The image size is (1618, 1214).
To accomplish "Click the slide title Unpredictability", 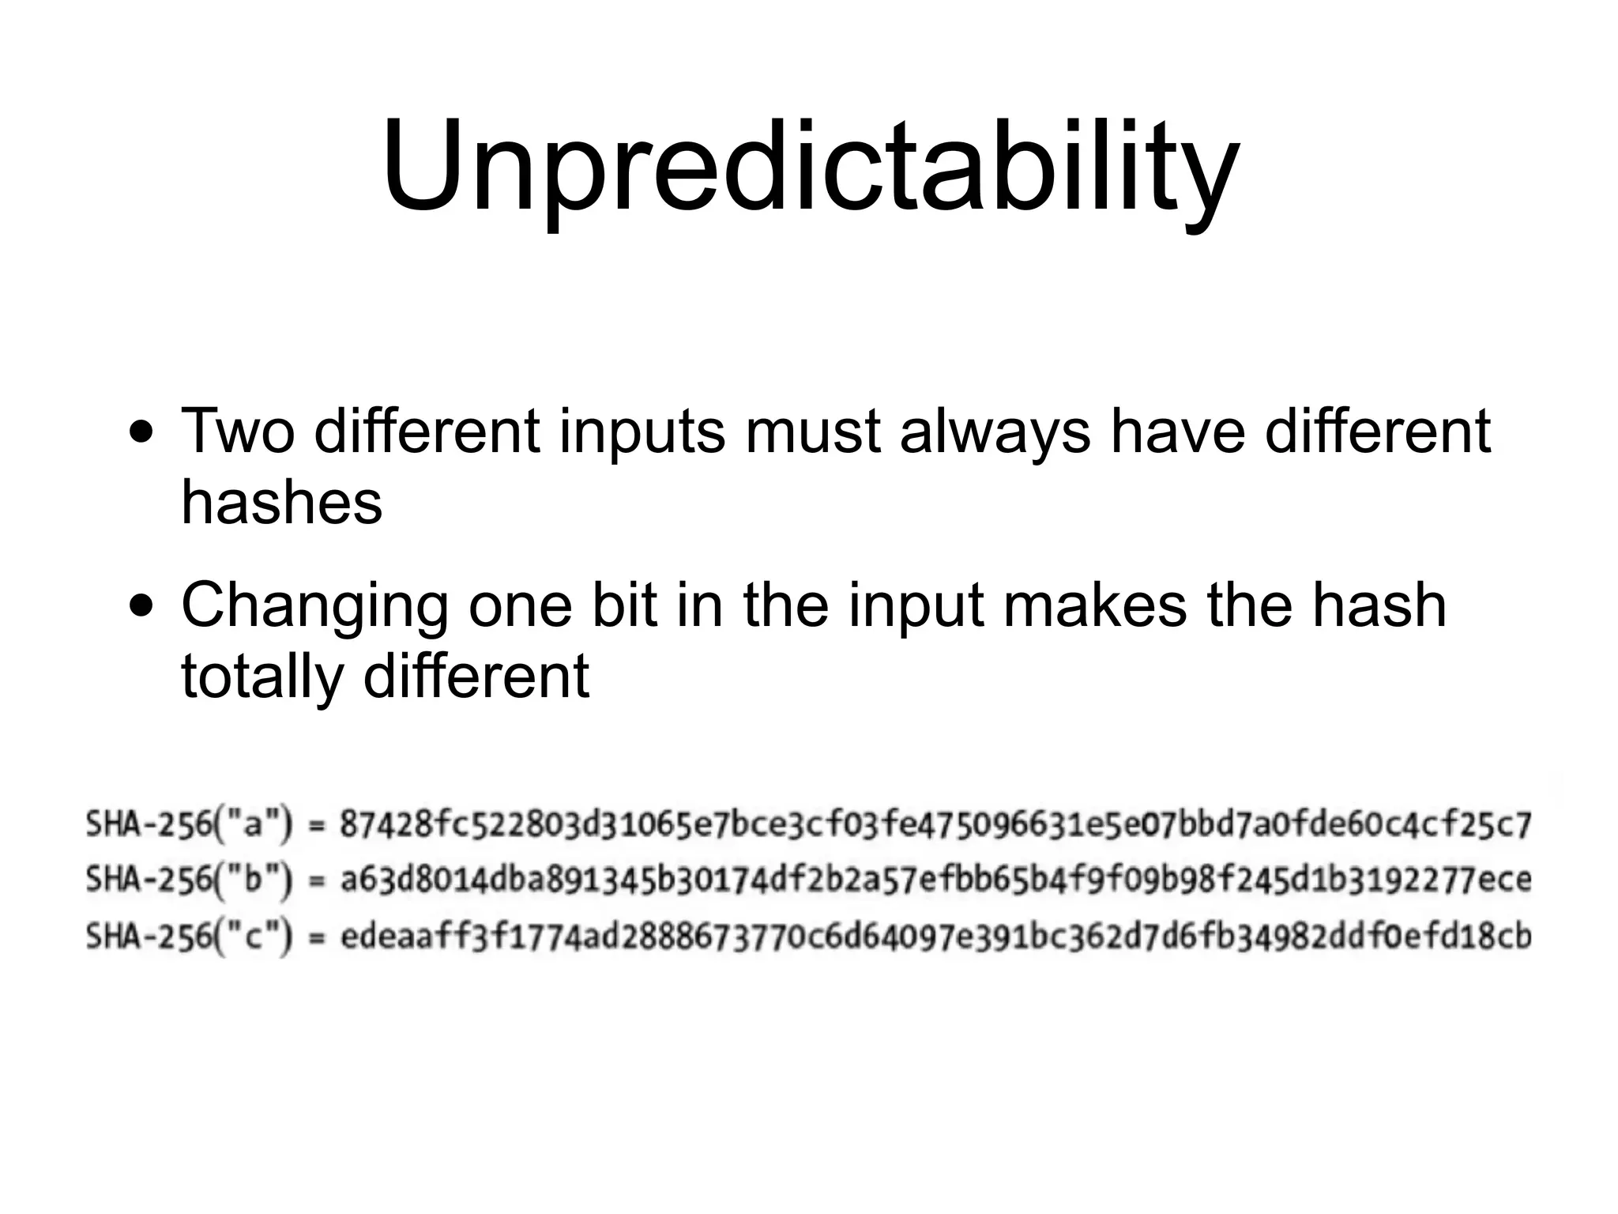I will tap(810, 168).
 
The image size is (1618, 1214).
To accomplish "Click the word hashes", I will tap(282, 503).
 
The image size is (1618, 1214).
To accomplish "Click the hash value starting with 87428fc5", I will tap(935, 825).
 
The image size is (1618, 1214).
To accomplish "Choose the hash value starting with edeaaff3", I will tap(935, 937).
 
